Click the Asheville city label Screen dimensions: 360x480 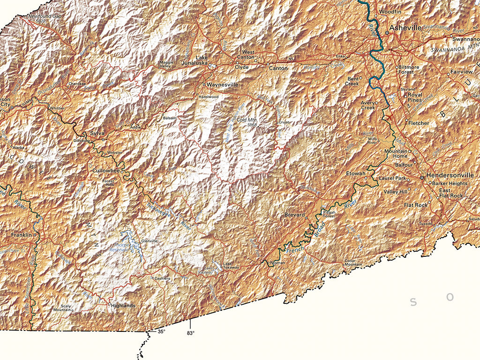tap(406, 28)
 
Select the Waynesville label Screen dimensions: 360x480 tap(223, 85)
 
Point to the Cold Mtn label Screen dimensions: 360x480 tap(247, 120)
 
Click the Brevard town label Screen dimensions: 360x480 tap(294, 215)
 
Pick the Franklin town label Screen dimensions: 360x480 tap(22, 234)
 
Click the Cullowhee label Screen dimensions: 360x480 tap(105, 171)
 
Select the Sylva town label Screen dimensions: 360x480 tap(97, 134)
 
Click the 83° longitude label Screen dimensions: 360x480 tap(190, 333)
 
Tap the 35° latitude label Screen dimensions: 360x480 tap(161, 332)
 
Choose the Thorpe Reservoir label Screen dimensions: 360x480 tap(123, 247)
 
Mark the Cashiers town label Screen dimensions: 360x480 tap(162, 278)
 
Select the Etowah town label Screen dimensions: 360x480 tap(355, 174)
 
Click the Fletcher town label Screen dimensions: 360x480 tap(419, 123)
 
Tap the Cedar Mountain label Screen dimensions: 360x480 tap(353, 262)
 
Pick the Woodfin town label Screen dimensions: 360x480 tap(390, 11)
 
